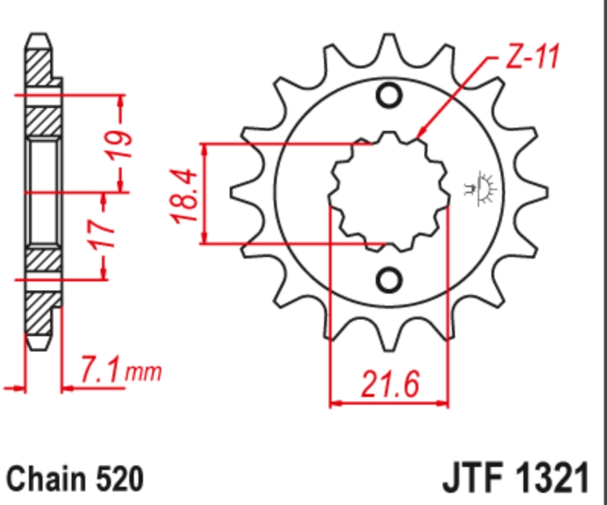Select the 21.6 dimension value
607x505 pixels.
coord(389,384)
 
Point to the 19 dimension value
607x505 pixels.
coord(119,145)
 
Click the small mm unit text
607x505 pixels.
coord(144,372)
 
